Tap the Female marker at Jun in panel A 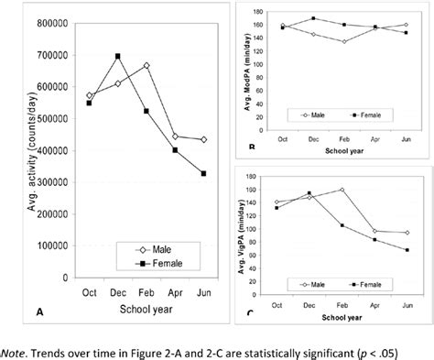click(x=201, y=173)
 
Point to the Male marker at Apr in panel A click(x=174, y=136)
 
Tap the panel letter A click(x=39, y=312)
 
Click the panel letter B click(x=251, y=147)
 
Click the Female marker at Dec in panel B click(x=313, y=17)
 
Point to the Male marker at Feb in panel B click(x=344, y=41)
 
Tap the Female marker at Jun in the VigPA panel click(x=405, y=249)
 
